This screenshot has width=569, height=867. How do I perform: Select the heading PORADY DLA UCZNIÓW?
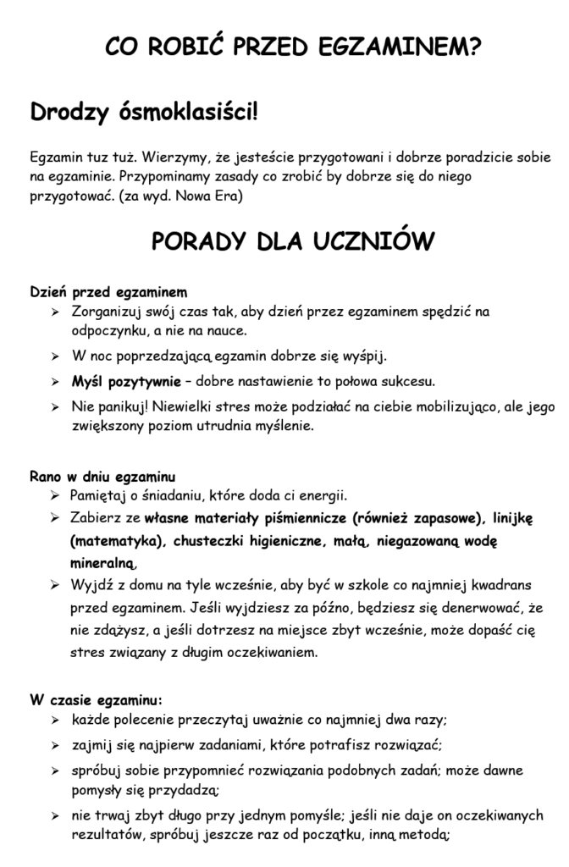pos(293,241)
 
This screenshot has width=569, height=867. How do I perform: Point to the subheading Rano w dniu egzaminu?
pos(102,477)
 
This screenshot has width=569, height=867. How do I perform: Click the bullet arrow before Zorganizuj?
pos(54,312)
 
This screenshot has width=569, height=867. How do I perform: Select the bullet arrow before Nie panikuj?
pos(54,407)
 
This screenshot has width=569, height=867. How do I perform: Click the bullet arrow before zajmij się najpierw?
pos(54,746)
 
